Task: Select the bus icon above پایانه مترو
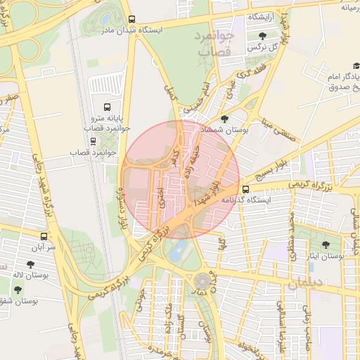107,108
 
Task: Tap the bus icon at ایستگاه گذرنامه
245,189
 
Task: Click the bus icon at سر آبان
44,236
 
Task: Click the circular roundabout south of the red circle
203,280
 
